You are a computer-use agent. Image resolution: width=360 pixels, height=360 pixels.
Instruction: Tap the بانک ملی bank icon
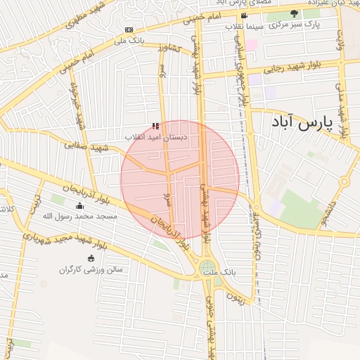point(129,30)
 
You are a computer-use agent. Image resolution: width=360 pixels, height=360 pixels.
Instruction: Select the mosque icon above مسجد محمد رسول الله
point(79,206)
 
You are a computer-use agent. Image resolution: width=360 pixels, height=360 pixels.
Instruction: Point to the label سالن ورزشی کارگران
point(91,269)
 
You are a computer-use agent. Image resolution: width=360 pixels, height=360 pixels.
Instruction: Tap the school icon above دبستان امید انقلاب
point(155,127)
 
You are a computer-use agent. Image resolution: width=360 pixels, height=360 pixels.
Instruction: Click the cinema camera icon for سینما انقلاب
point(244,15)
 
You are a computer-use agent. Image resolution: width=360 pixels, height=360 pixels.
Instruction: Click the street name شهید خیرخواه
point(79,106)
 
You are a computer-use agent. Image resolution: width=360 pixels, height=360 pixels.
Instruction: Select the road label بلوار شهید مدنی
point(340,110)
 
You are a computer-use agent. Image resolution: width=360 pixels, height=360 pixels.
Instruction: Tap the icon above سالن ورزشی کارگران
point(91,259)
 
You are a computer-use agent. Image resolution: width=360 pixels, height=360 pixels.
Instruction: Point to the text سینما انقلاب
point(244,26)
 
